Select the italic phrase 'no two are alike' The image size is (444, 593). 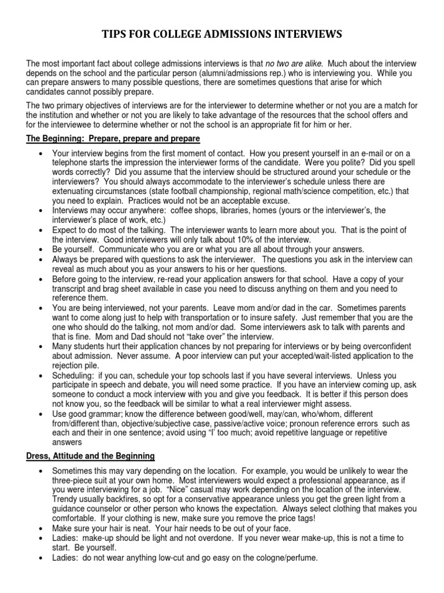[292, 64]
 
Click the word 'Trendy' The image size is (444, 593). [66, 499]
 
